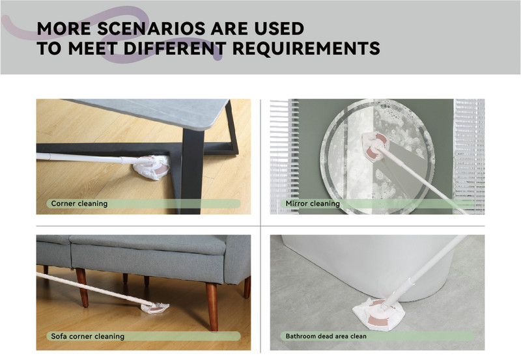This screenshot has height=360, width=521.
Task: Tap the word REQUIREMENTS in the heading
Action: [x=306, y=48]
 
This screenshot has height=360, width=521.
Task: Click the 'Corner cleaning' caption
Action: [x=79, y=203]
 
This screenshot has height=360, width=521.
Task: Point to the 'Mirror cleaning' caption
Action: [x=313, y=203]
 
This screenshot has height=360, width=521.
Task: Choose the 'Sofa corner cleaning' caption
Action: [x=88, y=336]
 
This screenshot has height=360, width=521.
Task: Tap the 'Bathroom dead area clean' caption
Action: [x=326, y=336]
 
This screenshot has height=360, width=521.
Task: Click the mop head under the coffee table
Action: [x=152, y=168]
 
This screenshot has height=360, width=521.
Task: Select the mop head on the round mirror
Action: [x=375, y=145]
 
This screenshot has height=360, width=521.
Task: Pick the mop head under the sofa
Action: [x=155, y=308]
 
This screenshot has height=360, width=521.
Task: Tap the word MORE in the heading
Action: [x=63, y=29]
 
